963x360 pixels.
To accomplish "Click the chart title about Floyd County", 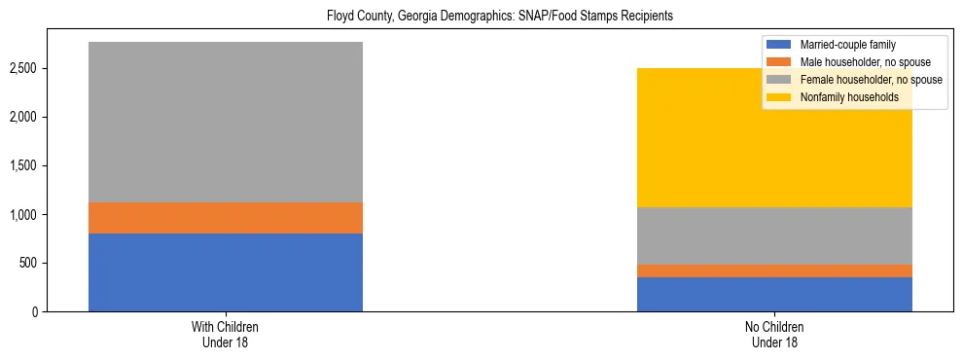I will [481, 17].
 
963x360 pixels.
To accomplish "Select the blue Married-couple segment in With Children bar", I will [226, 272].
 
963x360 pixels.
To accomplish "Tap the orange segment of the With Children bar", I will [226, 218].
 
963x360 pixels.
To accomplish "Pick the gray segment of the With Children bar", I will [226, 122].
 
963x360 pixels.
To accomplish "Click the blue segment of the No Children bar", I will [774, 294].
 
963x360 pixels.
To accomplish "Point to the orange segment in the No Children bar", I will [774, 270].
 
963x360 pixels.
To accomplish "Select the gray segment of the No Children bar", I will [774, 235].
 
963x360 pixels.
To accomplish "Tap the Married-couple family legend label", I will [846, 45].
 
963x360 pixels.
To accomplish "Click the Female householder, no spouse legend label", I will [870, 80].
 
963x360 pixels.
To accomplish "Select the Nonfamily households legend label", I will [848, 97].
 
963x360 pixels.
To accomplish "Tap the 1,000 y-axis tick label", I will [25, 214].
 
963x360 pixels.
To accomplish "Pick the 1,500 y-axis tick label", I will [25, 165].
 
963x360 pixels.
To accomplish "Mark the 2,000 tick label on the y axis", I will [25, 117].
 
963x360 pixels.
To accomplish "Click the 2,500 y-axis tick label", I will [25, 68].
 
